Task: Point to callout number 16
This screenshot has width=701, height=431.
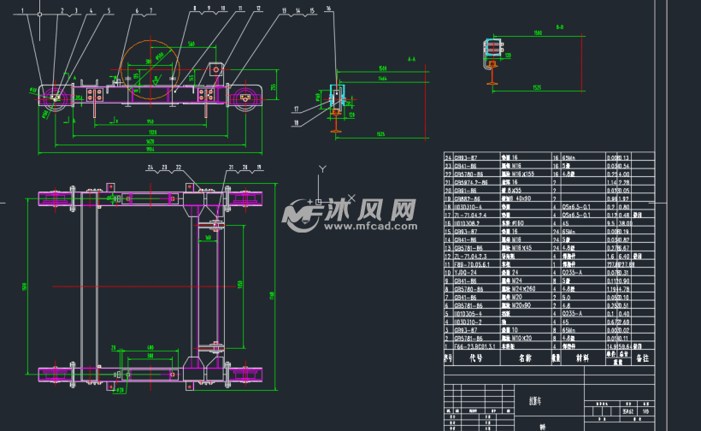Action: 329,8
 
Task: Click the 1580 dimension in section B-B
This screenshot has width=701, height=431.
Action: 537,33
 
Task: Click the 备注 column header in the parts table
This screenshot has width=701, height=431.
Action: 641,359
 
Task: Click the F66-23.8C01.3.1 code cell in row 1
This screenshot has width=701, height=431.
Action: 475,346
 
